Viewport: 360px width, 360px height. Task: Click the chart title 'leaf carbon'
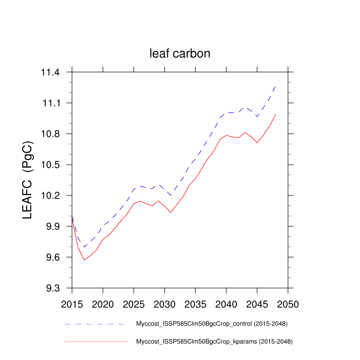coord(180,53)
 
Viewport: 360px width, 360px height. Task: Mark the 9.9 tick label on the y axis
coord(52,227)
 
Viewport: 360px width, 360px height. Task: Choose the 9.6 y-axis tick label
coord(52,258)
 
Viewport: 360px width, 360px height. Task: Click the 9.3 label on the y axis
coord(52,289)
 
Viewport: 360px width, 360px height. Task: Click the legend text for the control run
coord(211,324)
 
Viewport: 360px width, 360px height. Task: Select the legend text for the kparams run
coord(211,341)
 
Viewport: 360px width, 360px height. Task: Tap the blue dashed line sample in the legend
coord(96,325)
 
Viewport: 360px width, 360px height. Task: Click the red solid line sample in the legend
coord(96,341)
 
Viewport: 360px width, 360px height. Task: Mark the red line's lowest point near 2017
coord(84,260)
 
